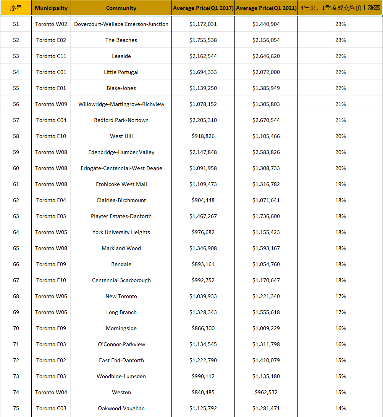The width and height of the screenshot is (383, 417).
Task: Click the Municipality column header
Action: tap(51, 8)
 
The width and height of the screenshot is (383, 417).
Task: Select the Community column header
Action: tap(121, 8)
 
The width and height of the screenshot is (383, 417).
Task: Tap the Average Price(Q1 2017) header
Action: tap(203, 8)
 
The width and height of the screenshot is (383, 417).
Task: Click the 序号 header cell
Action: tap(16, 8)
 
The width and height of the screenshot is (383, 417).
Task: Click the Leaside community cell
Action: tap(121, 56)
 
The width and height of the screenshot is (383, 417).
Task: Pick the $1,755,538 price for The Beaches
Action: tap(203, 40)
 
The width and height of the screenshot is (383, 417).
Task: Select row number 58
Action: tap(16, 136)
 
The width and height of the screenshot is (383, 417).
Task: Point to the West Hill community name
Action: tap(121, 136)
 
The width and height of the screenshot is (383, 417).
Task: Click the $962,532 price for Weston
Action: tap(266, 392)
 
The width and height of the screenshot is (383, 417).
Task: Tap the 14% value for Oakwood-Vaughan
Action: tap(340, 408)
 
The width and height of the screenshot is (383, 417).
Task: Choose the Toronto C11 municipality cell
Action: tap(51, 56)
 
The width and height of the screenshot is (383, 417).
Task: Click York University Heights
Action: tap(121, 232)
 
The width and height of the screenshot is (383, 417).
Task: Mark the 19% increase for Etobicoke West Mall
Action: tap(340, 184)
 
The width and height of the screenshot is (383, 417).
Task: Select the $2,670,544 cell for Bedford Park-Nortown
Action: tap(266, 120)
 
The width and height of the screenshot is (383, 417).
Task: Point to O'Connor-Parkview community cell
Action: tap(121, 344)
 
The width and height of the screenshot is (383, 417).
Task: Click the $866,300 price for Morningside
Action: tap(203, 328)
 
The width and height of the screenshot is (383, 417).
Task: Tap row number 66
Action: tap(16, 264)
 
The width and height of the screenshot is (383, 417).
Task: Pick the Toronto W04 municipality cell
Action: tap(51, 392)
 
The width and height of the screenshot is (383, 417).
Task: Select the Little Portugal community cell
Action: tap(121, 72)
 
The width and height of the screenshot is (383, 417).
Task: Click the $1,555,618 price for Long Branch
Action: tap(266, 312)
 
